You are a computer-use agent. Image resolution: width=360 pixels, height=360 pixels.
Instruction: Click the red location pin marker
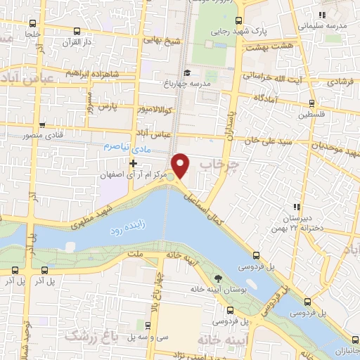point(181,165)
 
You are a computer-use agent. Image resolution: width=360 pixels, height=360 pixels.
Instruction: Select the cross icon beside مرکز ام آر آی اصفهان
point(133,163)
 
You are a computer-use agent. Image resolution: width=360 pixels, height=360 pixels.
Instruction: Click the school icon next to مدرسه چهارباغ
point(187,73)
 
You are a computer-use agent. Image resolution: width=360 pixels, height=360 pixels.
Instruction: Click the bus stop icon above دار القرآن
point(76,30)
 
